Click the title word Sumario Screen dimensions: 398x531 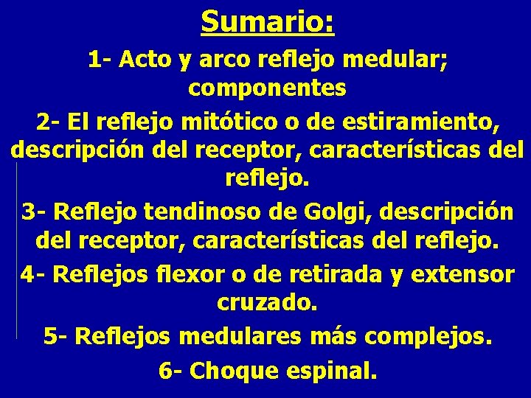pos(267,21)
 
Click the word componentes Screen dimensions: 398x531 pos(267,88)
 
